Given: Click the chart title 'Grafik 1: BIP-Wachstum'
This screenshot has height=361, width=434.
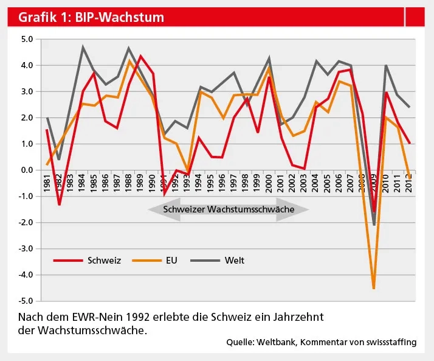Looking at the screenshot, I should tap(91, 17).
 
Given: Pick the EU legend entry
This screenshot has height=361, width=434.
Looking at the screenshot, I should tap(171, 261).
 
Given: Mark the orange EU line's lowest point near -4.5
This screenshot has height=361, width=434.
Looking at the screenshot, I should tap(374, 288).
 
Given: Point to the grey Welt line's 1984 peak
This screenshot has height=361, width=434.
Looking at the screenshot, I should tap(83, 47).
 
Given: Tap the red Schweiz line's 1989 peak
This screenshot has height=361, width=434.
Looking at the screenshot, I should tap(141, 56).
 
